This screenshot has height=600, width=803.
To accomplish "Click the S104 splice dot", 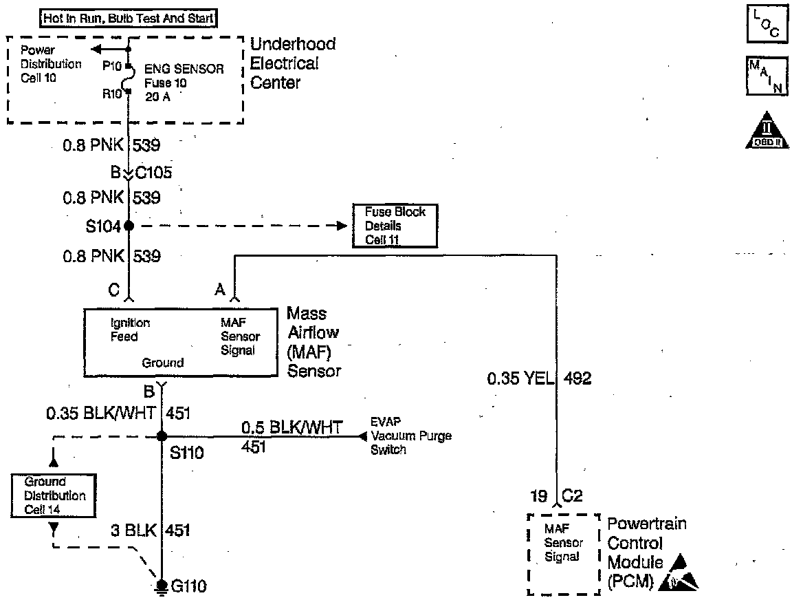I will pyautogui.click(x=128, y=226).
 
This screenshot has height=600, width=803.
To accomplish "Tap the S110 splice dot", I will pyautogui.click(x=162, y=436).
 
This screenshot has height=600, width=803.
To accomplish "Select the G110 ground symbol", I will pyautogui.click(x=162, y=586).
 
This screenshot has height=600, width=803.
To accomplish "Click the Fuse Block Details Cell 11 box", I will pyautogui.click(x=395, y=226).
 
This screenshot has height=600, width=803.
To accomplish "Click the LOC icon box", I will pyautogui.click(x=764, y=25).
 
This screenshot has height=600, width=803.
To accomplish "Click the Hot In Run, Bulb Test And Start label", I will pyautogui.click(x=129, y=19).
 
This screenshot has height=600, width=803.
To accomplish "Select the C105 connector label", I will pyautogui.click(x=153, y=172).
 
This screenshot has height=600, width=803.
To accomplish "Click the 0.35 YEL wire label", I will pyautogui.click(x=520, y=378).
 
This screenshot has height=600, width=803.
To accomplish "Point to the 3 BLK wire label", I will pyautogui.click(x=133, y=531).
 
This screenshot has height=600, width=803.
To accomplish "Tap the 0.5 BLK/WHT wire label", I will pyautogui.click(x=291, y=427).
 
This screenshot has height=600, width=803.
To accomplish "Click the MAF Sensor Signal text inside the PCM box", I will pyautogui.click(x=563, y=543).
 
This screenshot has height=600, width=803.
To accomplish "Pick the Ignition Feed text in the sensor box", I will pyautogui.click(x=130, y=330).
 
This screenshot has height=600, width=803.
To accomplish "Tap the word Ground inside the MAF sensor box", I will pyautogui.click(x=163, y=363).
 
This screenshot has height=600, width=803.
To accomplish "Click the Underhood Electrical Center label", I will pyautogui.click(x=293, y=63).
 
